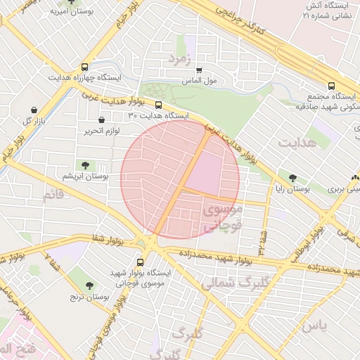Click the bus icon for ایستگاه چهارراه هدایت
click(85, 66)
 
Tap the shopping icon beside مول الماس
click(200, 70)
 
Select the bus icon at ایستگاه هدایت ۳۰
click(138, 105)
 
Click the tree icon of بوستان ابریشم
click(85, 165)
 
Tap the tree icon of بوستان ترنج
click(89, 285)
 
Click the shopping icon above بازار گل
click(34, 110)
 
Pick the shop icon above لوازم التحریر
click(103, 120)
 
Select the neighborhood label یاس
click(314, 326)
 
